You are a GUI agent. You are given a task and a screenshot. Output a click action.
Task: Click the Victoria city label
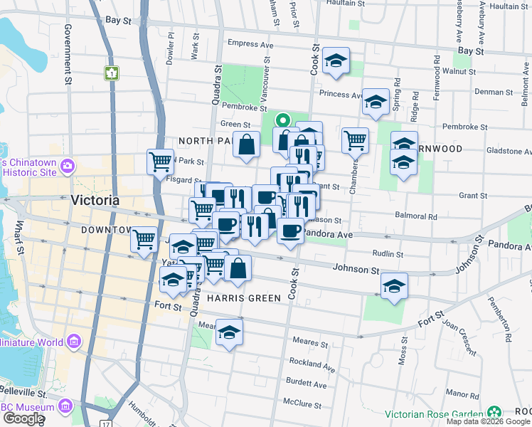[95, 201]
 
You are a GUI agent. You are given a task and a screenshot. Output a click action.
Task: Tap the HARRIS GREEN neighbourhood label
[244, 298]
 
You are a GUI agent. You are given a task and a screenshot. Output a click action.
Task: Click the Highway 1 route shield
[111, 73]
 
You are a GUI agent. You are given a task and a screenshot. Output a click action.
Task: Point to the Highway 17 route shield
[105, 424]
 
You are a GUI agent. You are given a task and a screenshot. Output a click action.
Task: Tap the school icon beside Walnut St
[336, 61]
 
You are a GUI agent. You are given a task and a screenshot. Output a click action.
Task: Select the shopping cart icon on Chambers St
[355, 139]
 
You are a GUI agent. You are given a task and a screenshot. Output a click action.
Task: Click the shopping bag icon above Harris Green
[238, 268]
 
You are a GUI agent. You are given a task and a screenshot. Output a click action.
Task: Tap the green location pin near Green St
[282, 121]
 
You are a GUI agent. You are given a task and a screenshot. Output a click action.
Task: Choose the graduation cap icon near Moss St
[394, 286]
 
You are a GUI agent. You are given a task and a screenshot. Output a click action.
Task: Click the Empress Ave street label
[250, 44]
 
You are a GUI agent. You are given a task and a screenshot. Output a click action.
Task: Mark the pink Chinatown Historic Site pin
[68, 166]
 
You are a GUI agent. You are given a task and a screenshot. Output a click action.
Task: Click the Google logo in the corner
[23, 418]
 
